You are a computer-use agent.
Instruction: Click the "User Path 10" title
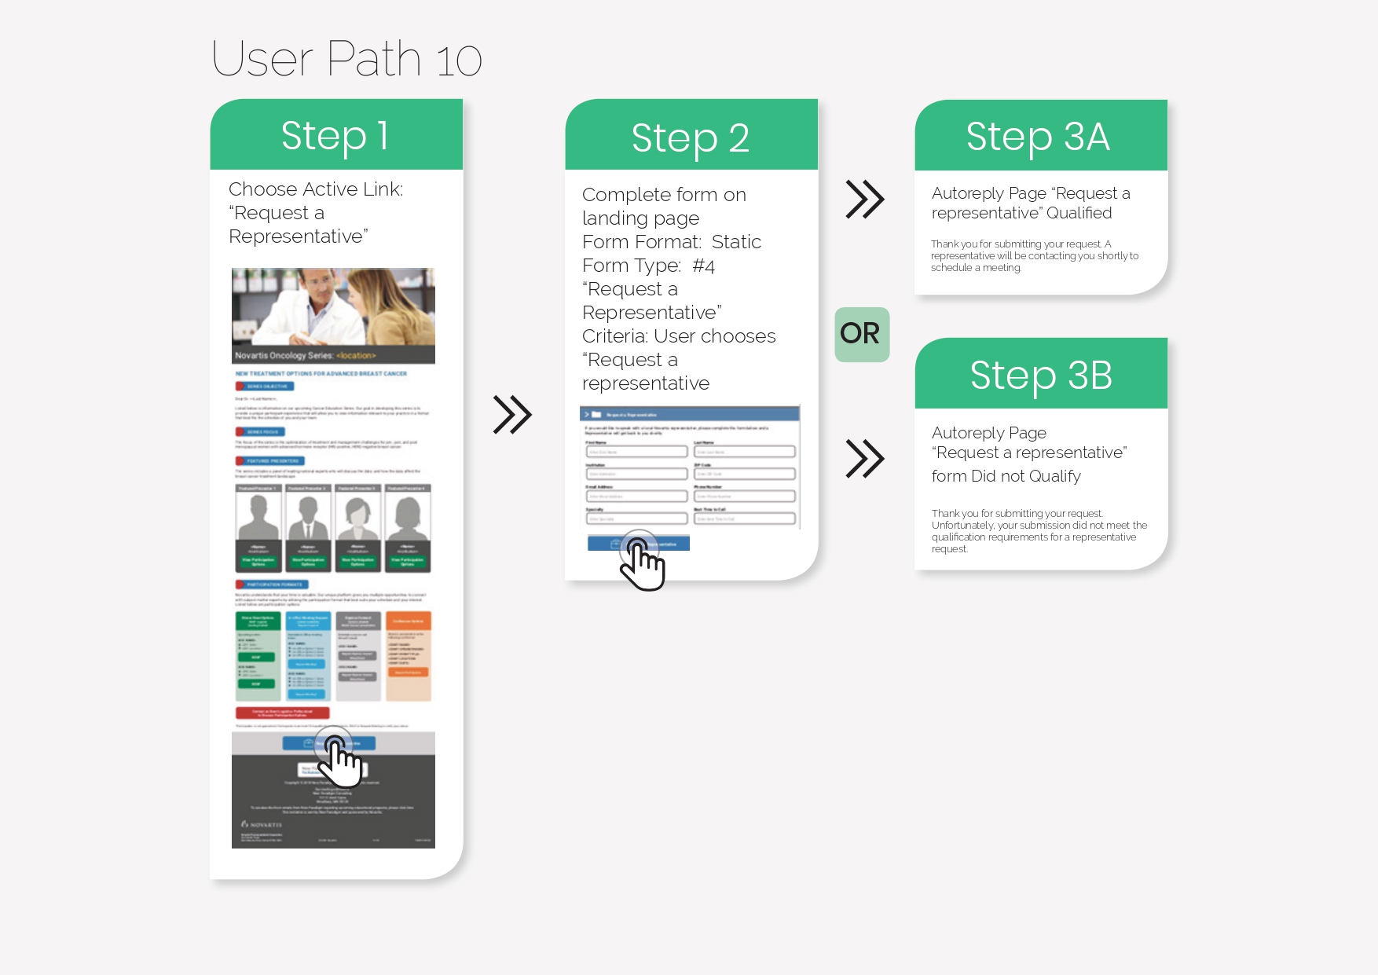[346, 59]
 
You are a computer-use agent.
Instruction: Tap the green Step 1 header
[336, 135]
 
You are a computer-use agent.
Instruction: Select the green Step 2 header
[691, 137]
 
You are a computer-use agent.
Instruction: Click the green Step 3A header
[1039, 137]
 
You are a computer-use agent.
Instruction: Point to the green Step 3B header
[1041, 375]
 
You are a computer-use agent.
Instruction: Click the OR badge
[861, 334]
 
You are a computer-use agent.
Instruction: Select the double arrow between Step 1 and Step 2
[512, 414]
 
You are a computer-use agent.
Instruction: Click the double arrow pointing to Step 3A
[864, 199]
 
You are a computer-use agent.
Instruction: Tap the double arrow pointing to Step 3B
[864, 458]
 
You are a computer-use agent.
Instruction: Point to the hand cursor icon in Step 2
[643, 561]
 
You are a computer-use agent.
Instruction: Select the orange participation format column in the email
[408, 656]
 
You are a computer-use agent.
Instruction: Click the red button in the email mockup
[282, 713]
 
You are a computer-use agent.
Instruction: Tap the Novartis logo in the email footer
[262, 824]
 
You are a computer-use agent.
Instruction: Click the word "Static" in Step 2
[736, 242]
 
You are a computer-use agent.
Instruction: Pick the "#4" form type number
[703, 266]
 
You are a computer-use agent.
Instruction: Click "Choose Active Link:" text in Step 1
[316, 189]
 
